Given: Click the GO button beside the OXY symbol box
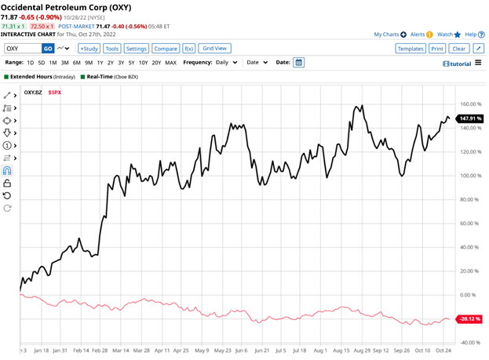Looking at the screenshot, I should coord(48,48).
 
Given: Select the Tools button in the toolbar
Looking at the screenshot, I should coord(112,48).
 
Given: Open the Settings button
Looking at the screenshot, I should coord(137,48).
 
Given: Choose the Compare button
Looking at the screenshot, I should coord(166,48).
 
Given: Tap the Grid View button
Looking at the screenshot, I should coord(215,48).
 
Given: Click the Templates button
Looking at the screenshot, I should coord(410,48).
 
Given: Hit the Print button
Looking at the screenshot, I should coord(437,48).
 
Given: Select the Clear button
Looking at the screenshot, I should coord(459,48).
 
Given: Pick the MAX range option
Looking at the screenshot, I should coord(170,62).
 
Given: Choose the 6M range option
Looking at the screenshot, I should coord(76,62).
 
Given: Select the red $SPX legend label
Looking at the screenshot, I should coord(54,93).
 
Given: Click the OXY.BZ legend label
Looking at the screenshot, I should coord(33,93).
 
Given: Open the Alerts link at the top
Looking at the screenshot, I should coord(418,35).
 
